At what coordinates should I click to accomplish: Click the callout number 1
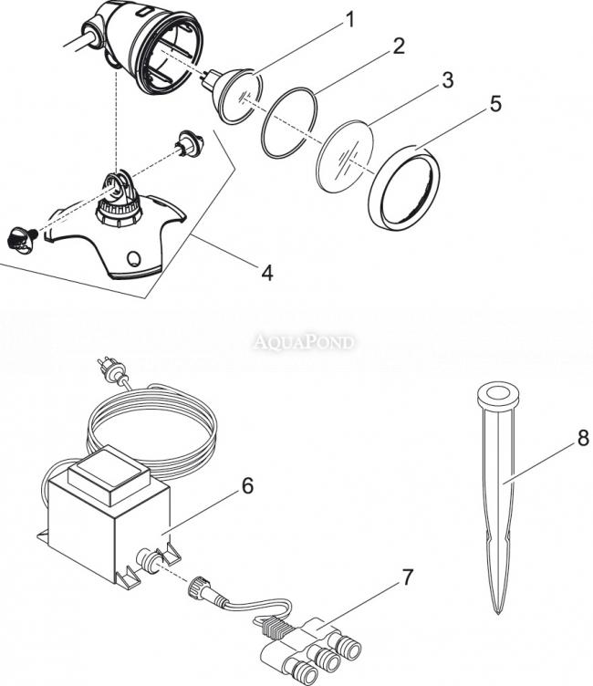click(349, 20)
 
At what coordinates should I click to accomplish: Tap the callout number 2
click(399, 47)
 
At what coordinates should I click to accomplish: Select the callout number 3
click(447, 80)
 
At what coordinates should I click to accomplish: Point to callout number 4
click(267, 273)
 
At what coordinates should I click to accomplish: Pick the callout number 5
click(495, 104)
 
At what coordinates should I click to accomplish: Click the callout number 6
click(248, 485)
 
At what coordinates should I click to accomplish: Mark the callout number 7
click(408, 577)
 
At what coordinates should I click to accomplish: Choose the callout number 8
click(583, 438)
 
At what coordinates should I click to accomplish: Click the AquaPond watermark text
click(303, 342)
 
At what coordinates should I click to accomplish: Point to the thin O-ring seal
click(289, 122)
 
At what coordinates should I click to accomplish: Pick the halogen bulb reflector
click(238, 96)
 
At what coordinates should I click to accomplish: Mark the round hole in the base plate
click(133, 258)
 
